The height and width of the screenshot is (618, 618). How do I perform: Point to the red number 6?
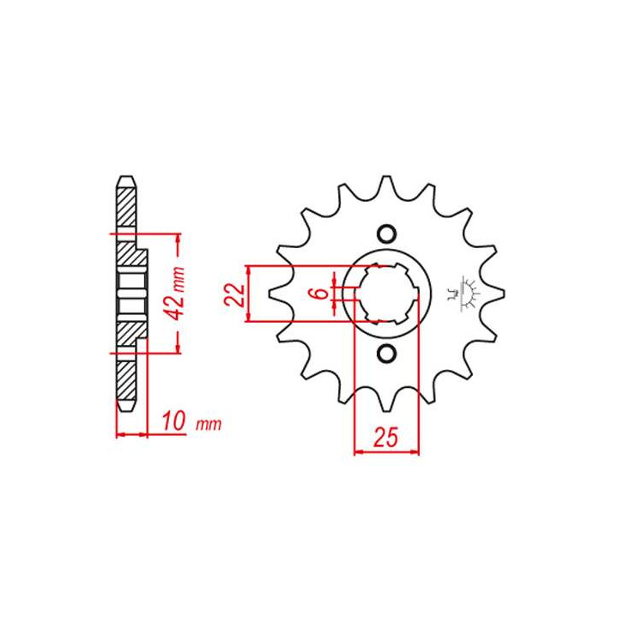[x=320, y=294]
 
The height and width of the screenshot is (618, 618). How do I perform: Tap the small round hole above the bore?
[x=385, y=233]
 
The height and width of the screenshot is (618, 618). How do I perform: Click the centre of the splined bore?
[x=386, y=294]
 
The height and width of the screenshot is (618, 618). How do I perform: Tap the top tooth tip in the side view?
[x=125, y=181]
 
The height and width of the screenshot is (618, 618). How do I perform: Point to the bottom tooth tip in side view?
[x=125, y=406]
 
